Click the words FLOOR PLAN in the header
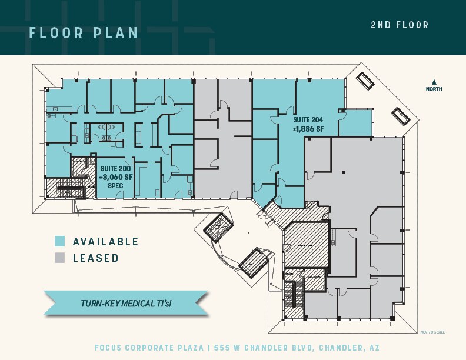[84, 32]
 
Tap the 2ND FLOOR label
[400, 25]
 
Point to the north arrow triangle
[434, 82]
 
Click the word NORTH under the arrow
[434, 89]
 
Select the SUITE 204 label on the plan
[308, 119]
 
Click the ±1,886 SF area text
[308, 128]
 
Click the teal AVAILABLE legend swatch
[59, 241]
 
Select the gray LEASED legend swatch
[59, 258]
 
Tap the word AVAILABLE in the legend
[106, 242]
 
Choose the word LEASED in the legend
[96, 258]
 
